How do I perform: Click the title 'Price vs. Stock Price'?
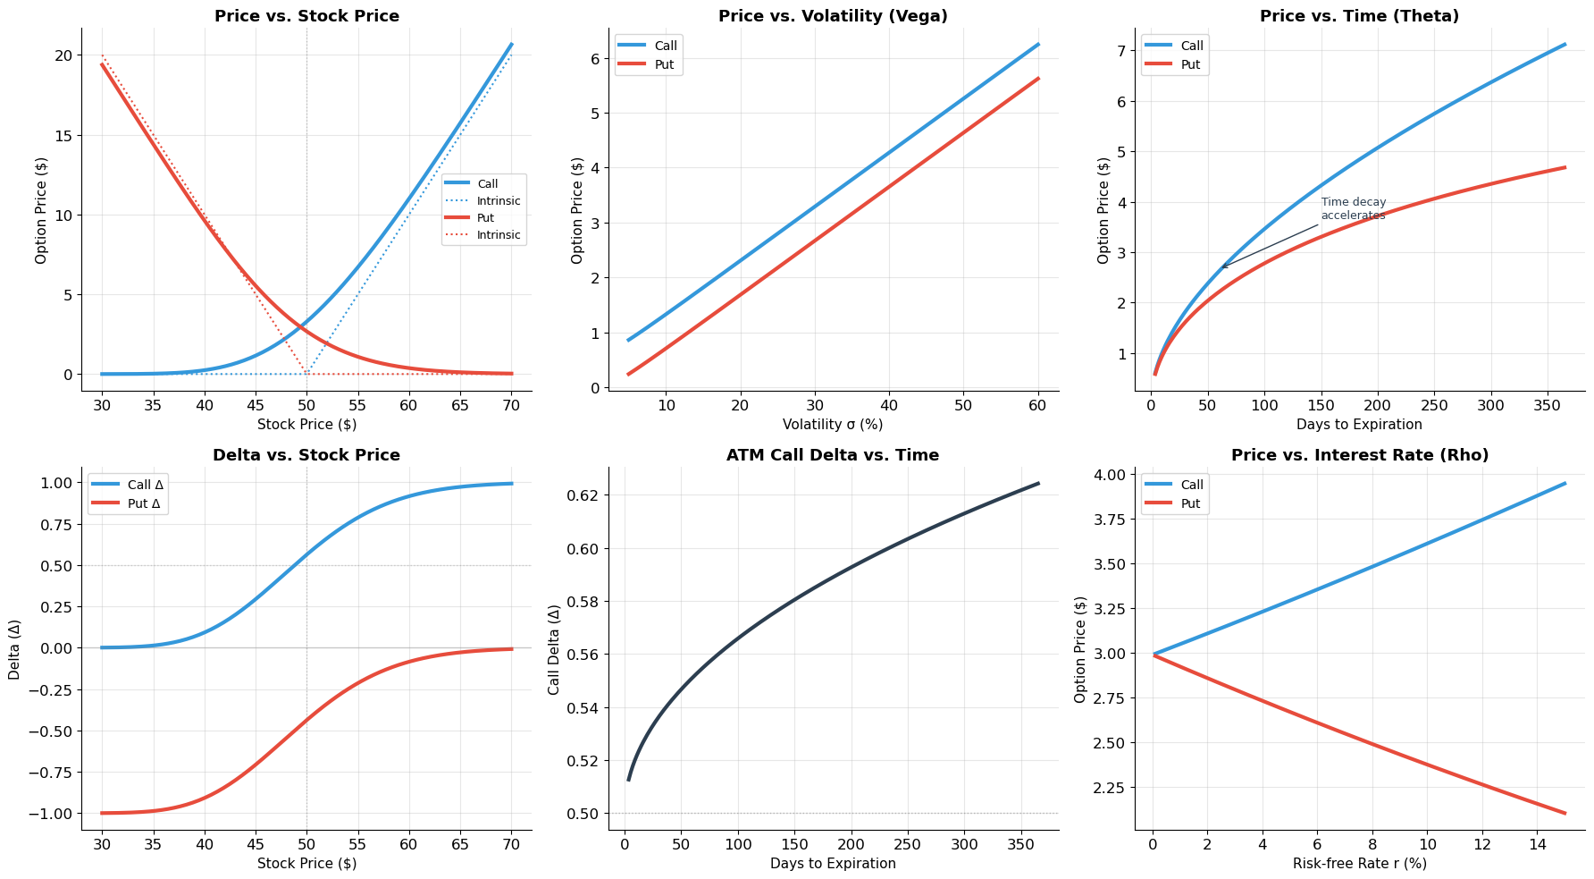tap(306, 16)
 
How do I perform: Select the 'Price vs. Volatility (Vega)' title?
tap(833, 16)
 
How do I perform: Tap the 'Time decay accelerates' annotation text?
tap(1353, 208)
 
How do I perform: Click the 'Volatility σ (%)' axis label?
tap(833, 425)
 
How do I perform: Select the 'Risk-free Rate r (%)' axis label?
tap(1359, 864)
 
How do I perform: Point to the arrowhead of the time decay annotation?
tap(1222, 267)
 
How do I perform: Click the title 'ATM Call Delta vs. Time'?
tap(833, 455)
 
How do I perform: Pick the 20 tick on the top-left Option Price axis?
tap(63, 55)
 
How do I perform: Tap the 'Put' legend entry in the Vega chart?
tap(665, 64)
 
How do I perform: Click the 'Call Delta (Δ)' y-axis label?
tap(555, 649)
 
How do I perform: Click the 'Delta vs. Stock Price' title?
tap(306, 455)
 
